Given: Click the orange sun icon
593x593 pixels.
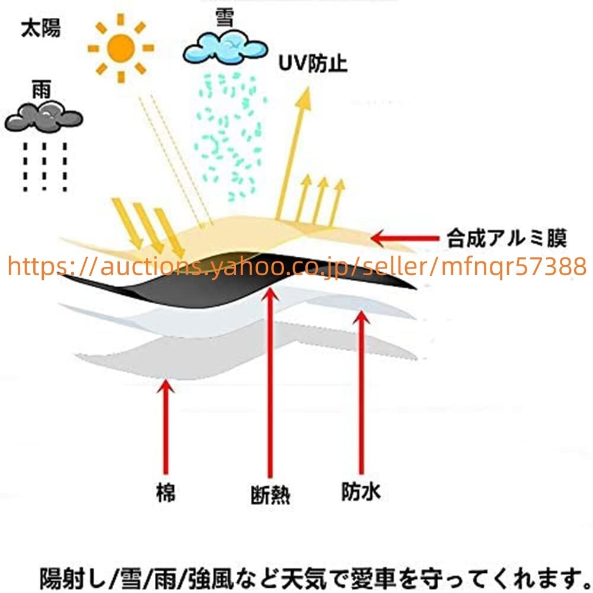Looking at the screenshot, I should point(121,47).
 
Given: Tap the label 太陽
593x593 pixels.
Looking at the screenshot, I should point(40,28).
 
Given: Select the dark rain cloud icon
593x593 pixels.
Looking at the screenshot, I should point(43,117).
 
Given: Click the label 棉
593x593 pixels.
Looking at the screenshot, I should point(167,492).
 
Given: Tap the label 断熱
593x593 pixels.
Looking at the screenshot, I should point(270,494).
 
